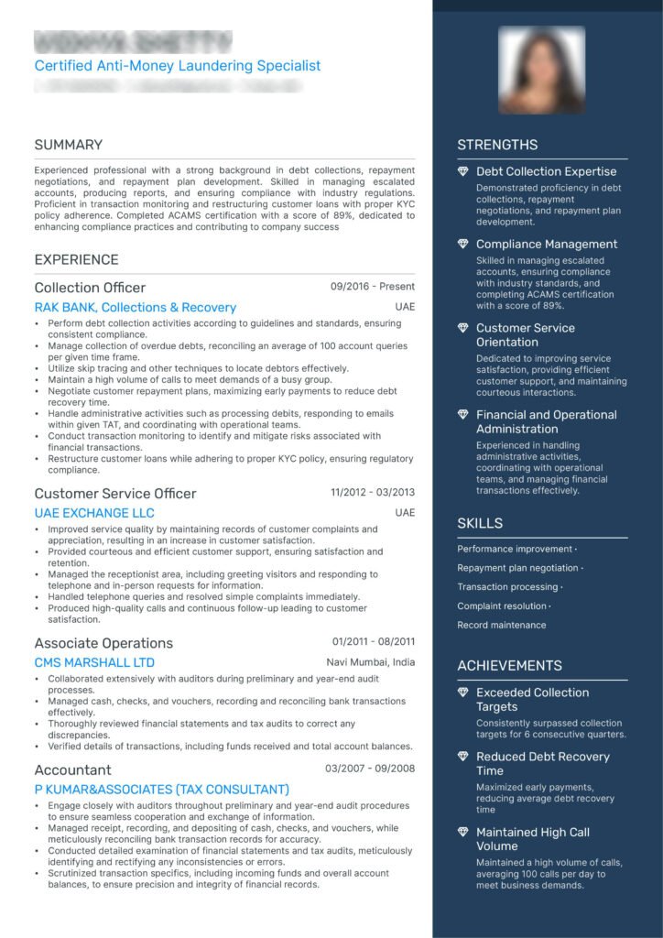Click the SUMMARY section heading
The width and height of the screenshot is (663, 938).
coord(69,145)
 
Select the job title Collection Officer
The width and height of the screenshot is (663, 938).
coord(90,288)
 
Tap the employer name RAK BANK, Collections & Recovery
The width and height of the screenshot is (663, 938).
coord(136,308)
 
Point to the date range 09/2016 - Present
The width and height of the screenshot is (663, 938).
coord(373,287)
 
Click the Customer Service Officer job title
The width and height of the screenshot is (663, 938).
coord(115,494)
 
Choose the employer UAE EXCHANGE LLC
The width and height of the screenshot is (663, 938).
coord(94,513)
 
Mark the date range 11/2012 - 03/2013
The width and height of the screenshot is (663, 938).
coord(373,493)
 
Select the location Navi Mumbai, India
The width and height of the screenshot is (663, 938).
coord(371,662)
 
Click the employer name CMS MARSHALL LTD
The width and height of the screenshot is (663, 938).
coord(94,662)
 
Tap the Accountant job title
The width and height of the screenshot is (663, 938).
coord(73,770)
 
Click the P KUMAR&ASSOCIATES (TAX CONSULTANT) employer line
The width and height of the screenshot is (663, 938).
coord(161,790)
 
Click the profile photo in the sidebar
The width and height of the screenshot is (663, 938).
coord(541,71)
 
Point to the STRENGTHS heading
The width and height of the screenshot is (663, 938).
coord(497,145)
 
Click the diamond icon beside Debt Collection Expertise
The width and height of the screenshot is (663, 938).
coord(463,171)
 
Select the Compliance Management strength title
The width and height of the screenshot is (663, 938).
coord(547,245)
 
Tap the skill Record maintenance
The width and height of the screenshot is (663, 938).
coord(502,625)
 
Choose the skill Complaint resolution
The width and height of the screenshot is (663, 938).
coord(502,605)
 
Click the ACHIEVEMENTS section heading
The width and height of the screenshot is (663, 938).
coord(510,666)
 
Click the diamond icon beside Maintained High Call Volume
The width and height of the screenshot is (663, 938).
coord(463,833)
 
